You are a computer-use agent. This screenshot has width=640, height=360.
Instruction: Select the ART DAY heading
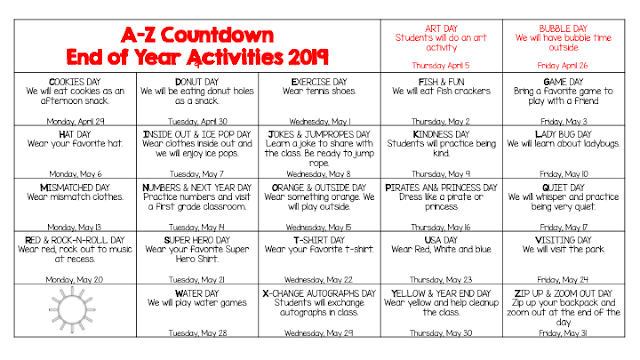441,17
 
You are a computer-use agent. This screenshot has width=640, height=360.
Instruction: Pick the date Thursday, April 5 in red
441,64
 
